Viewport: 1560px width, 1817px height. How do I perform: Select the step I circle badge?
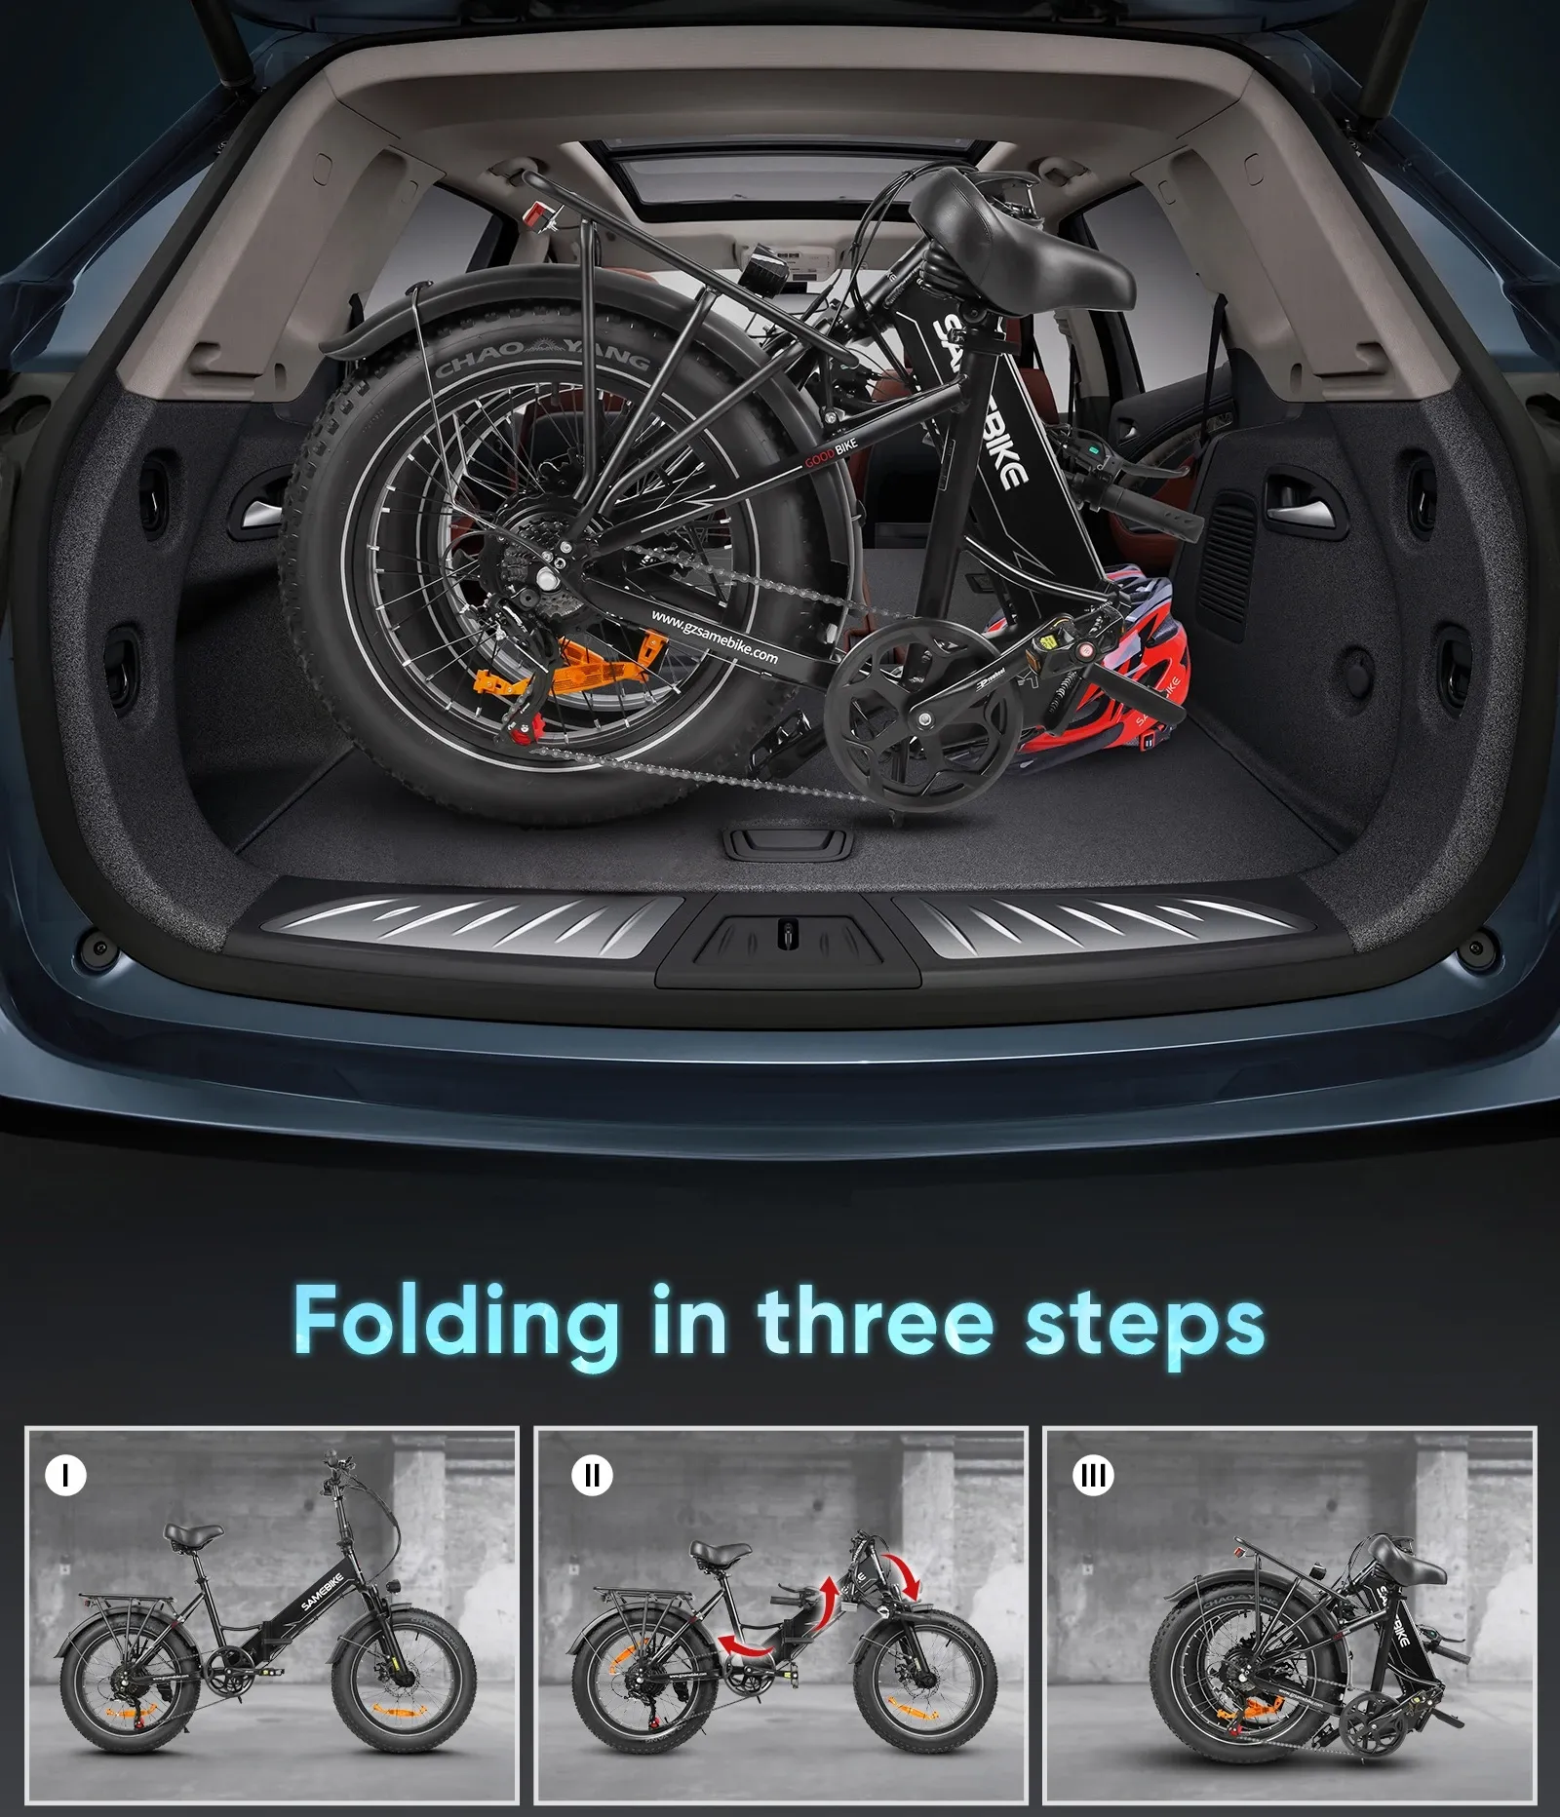pos(66,1476)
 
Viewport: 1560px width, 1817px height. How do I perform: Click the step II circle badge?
pos(592,1476)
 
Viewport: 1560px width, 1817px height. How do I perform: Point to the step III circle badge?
pos(1092,1476)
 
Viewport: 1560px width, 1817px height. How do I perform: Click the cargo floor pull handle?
pos(789,841)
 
